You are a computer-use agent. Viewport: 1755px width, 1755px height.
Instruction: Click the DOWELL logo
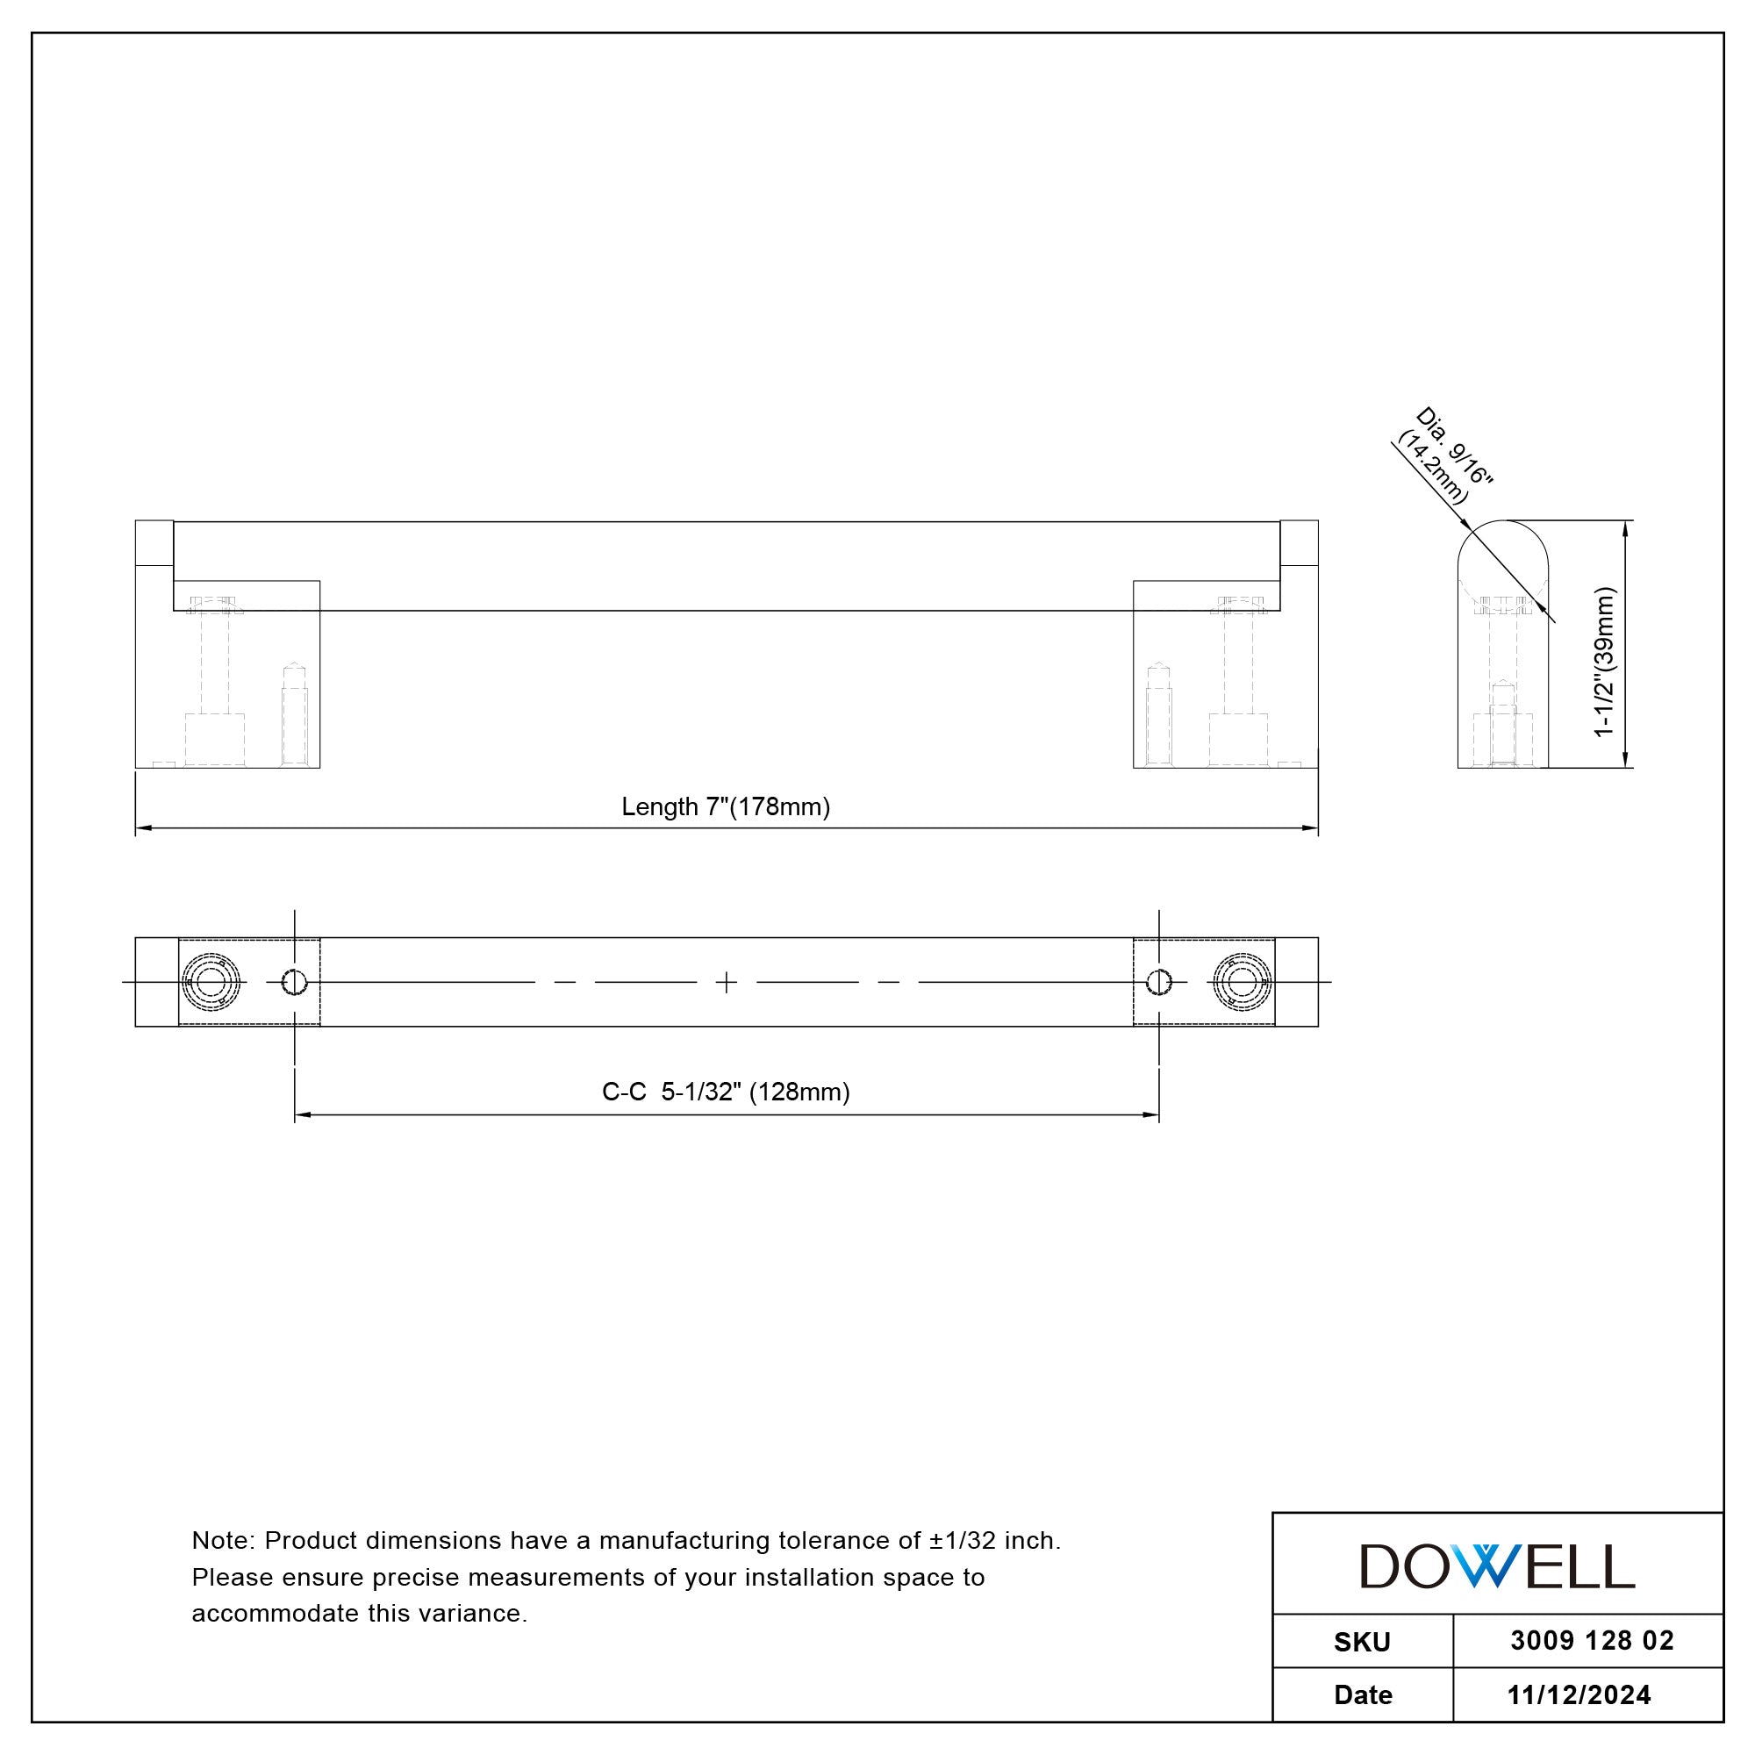click(x=1497, y=1566)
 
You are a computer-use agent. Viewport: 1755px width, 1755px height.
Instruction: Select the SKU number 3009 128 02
click(x=1592, y=1640)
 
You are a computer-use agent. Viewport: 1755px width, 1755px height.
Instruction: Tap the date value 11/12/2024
click(x=1579, y=1695)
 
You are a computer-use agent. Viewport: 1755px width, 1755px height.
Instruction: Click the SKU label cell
click(x=1363, y=1642)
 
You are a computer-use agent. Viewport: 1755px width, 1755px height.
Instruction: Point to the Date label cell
click(x=1363, y=1695)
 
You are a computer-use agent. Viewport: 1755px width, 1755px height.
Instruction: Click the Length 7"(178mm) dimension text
click(x=726, y=806)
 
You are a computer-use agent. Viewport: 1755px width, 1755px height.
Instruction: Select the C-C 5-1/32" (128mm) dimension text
click(x=726, y=1092)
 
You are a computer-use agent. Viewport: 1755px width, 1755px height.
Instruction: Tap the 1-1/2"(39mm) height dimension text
click(x=1605, y=662)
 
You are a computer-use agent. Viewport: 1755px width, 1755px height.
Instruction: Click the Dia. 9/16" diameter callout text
click(x=1454, y=446)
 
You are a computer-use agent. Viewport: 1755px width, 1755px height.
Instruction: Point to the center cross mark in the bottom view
click(x=726, y=982)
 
